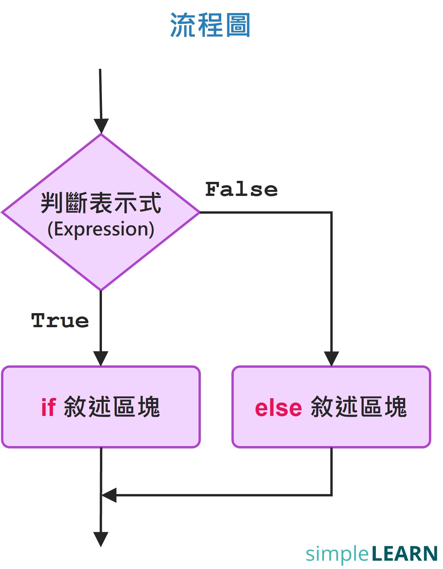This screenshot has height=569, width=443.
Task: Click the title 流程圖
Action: pos(210,25)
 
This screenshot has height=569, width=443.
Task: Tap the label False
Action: pos(241,189)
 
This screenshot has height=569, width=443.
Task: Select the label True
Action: pos(60,321)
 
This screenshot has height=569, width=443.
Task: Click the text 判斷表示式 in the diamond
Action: pos(101,203)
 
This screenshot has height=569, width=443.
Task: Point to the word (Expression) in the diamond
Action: pos(101,229)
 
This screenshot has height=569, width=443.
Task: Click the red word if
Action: pos(48,407)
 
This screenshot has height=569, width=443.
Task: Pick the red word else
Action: pos(278,408)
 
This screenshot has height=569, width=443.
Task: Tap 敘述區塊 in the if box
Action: pos(112,407)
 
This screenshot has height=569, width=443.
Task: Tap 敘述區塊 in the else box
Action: pos(359,407)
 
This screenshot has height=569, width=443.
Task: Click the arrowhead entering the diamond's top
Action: pos(101,126)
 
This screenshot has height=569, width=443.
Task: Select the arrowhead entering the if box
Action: pos(101,358)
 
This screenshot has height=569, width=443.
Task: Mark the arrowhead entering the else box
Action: pos(331,358)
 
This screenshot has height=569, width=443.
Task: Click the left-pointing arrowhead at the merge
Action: pos(109,495)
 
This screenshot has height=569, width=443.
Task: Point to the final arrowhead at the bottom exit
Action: pos(101,539)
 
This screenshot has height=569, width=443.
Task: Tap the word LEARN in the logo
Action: pos(404,554)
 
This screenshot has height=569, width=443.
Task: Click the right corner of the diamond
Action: pos(199,212)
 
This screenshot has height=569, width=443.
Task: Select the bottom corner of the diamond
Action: pos(101,290)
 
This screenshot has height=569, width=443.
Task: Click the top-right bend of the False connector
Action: pos(331,212)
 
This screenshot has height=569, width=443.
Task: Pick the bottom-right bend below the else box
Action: pos(331,495)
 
